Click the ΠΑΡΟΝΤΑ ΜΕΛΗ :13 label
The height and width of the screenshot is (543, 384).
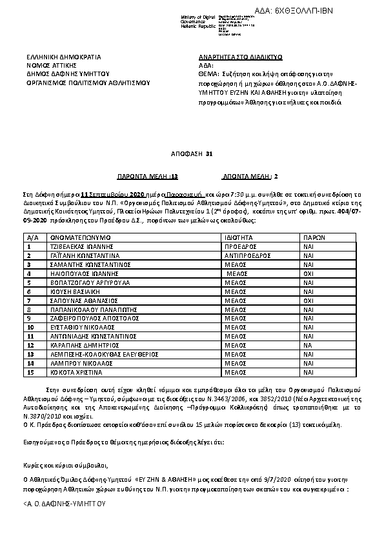point(147,175)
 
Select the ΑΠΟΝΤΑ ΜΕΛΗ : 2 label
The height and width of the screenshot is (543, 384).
point(250,175)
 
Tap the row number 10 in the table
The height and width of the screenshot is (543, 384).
point(30,327)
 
